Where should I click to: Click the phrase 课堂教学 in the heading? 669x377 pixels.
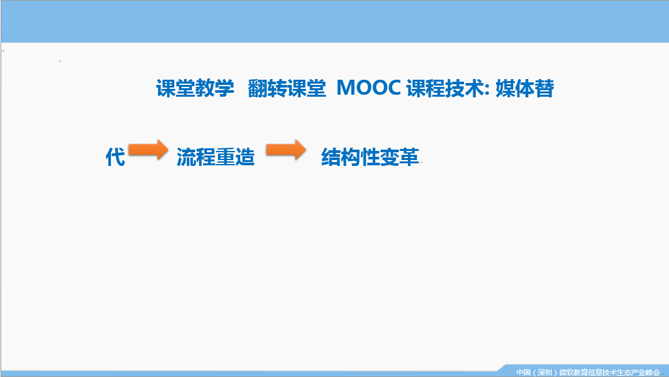coord(195,88)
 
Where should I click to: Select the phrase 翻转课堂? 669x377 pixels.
coord(287,88)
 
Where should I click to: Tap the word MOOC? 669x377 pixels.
coord(369,88)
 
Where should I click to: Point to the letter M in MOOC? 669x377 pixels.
coord(345,88)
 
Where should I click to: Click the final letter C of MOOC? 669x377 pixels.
coord(394,88)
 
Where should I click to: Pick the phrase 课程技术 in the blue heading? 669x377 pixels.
coord(445,88)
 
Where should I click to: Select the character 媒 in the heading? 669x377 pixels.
coord(505,88)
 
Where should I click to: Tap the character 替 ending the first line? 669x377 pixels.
coord(544,88)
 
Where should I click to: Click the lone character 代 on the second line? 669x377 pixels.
coord(115,157)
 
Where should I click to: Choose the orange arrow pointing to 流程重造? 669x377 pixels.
coord(148,150)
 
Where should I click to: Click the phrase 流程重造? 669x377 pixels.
coord(215,157)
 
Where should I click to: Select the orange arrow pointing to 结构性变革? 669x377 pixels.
coord(286,150)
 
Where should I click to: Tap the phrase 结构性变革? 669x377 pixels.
coord(370,157)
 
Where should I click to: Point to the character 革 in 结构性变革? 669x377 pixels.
coord(410,157)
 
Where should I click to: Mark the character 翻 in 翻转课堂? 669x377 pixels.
coord(257,88)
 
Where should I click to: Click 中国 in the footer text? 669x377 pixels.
coord(523,372)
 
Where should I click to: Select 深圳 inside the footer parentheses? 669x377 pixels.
coord(545,372)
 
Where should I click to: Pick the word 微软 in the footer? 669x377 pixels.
coord(566,372)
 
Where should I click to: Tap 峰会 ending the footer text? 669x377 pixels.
coord(653,372)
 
